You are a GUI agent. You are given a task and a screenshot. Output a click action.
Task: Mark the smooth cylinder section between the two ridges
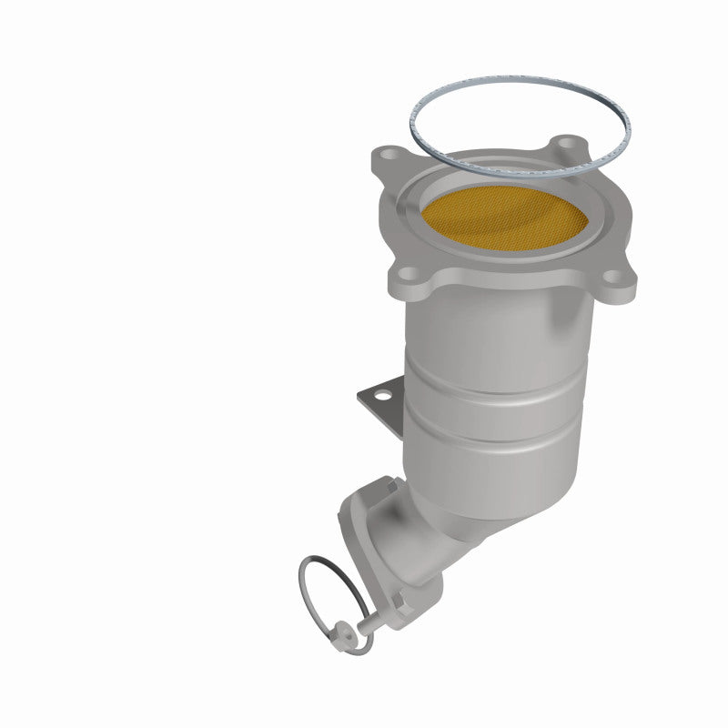pos(496,405)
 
